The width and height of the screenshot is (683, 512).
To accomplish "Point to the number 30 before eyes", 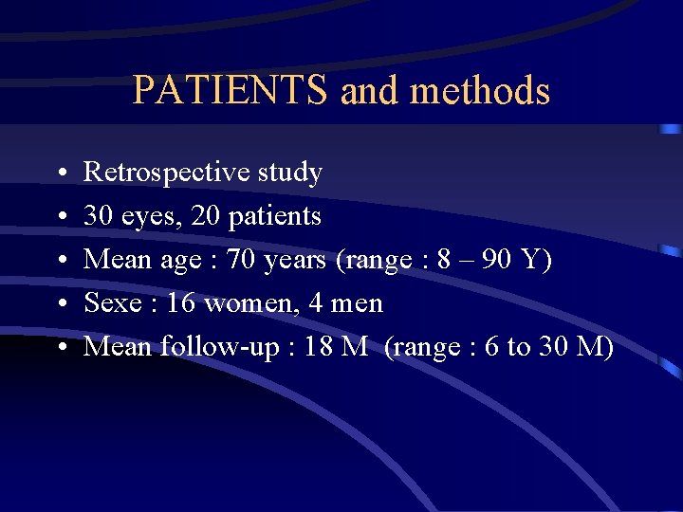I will tap(97, 216).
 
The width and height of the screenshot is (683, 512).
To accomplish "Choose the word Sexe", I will tap(111, 303).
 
